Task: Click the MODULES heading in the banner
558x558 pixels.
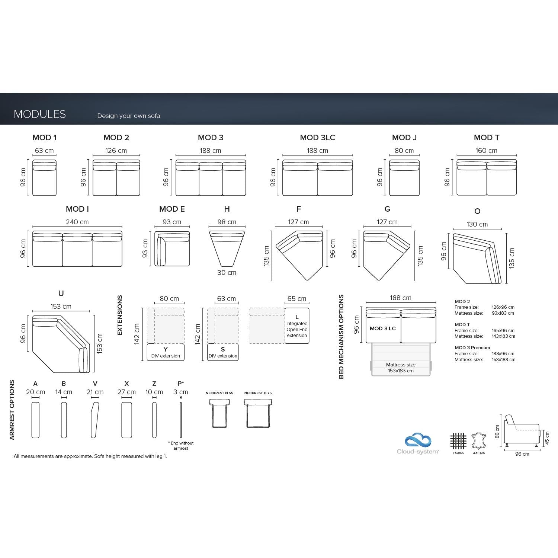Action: pyautogui.click(x=40, y=114)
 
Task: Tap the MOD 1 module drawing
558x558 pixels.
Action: pyautogui.click(x=44, y=178)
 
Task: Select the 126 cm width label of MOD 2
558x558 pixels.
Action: pyautogui.click(x=116, y=151)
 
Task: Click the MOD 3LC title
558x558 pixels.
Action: pyautogui.click(x=317, y=138)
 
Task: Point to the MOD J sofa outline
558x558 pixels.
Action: pyautogui.click(x=404, y=178)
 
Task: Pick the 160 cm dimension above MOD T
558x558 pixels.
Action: pyautogui.click(x=486, y=151)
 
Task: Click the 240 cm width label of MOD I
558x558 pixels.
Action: pyautogui.click(x=77, y=222)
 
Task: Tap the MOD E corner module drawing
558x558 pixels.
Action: pyautogui.click(x=172, y=249)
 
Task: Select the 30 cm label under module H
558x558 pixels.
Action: pyautogui.click(x=227, y=273)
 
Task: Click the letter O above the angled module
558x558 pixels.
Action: pyautogui.click(x=477, y=211)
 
